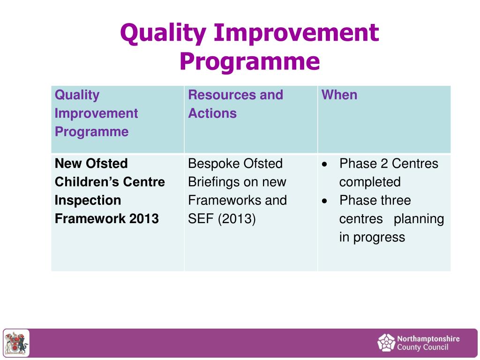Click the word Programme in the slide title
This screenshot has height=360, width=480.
249,62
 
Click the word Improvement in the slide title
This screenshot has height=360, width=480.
296,33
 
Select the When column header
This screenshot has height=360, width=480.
339,95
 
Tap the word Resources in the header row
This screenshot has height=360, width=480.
222,95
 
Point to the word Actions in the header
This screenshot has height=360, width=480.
212,113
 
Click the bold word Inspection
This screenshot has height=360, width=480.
88,201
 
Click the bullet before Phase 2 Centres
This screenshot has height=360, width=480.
325,165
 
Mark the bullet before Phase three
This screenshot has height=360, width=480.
325,201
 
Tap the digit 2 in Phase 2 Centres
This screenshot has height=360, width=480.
384,164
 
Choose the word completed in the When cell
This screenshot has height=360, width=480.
370,182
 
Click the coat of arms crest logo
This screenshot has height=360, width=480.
16,343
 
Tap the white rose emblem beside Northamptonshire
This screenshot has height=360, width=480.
386,343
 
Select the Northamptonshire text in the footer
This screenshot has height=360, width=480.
428,339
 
